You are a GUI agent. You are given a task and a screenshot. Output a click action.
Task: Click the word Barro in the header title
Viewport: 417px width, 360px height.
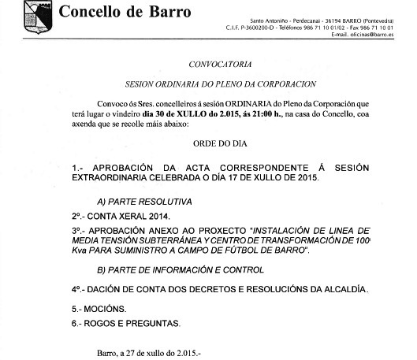coord(171,12)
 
